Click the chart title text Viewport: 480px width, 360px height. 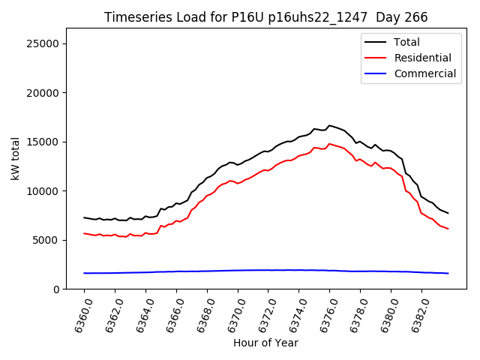coord(265,17)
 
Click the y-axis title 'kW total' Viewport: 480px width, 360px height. coord(15,159)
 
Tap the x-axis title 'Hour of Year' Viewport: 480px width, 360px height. coord(265,343)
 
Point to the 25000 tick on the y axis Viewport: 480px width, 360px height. coord(44,43)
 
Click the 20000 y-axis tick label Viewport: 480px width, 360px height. coord(44,93)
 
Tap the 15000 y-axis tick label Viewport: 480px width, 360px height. coord(44,142)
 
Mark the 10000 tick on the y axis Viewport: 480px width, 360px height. coord(44,191)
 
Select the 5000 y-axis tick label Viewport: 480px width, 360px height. coord(47,240)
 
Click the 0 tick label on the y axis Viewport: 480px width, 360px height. coord(57,289)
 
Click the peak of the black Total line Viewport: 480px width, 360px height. coord(329,125)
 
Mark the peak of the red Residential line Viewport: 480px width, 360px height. coord(329,144)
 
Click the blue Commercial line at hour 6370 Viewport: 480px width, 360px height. coord(238,270)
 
